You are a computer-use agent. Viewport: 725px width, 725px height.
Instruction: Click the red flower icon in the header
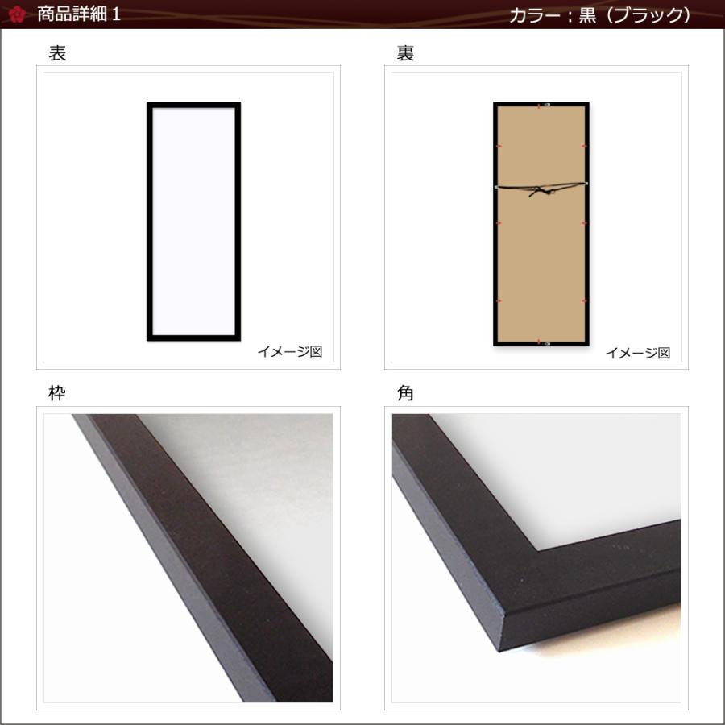point(17,14)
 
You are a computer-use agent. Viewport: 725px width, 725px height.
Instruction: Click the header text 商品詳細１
point(79,14)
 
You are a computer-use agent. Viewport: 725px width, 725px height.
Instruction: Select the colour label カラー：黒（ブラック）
point(599,15)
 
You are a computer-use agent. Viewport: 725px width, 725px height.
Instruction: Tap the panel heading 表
point(57,54)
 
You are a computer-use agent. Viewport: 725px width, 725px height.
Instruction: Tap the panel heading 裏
point(405,54)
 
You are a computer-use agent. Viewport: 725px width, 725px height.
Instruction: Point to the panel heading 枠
point(57,394)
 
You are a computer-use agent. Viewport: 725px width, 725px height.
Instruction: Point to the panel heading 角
point(405,394)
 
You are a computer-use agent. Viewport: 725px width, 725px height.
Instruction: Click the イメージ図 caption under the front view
point(289,352)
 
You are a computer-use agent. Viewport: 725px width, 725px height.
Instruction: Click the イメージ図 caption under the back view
point(637,352)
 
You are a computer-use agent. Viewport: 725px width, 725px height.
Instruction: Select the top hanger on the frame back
point(541,106)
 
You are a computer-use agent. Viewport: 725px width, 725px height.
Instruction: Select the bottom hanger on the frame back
point(541,342)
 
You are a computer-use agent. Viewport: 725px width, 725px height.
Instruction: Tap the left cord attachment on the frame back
point(496,185)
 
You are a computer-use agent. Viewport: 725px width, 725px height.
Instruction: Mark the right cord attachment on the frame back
point(586,184)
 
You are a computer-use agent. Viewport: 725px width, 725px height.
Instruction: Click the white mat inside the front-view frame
point(193,222)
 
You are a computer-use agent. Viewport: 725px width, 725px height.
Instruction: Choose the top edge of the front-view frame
point(193,105)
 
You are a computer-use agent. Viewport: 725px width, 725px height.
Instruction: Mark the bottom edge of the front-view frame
point(193,338)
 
